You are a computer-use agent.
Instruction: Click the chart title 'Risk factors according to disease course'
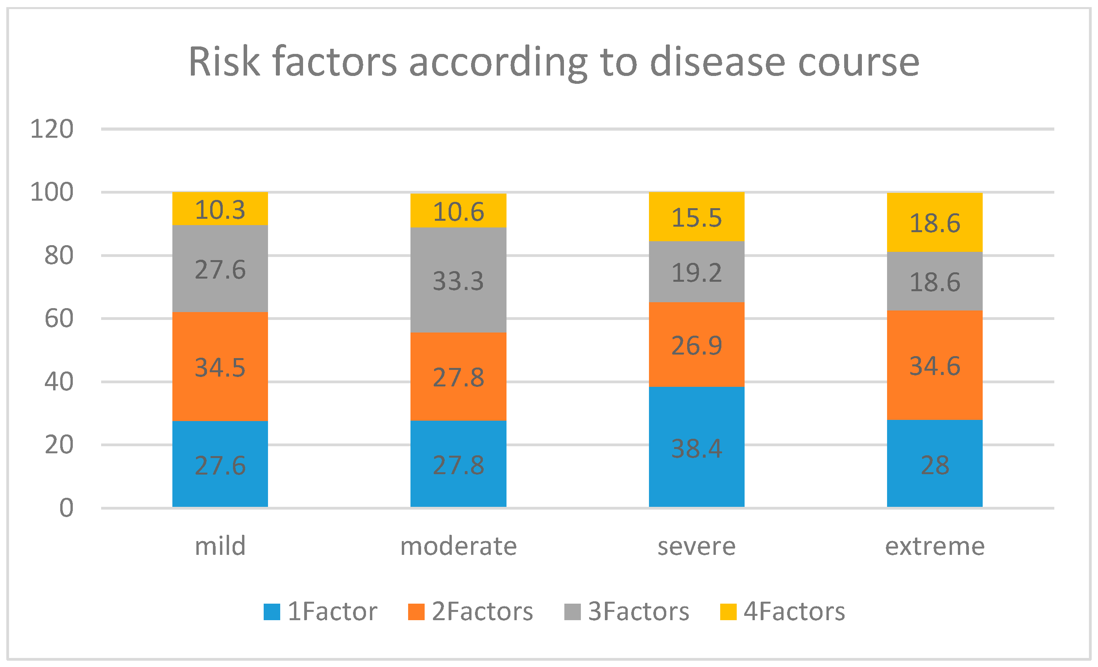point(554,63)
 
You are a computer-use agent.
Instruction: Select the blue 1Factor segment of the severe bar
point(697,447)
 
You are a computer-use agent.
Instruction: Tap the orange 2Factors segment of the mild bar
point(220,366)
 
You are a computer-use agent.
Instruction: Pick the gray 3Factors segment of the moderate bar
point(458,280)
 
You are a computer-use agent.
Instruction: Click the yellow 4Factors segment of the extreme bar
point(935,222)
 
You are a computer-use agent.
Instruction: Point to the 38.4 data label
point(697,448)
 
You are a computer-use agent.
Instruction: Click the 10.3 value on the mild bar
point(220,209)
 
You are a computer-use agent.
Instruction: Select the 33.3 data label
point(458,281)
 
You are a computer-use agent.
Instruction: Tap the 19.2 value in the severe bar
point(697,273)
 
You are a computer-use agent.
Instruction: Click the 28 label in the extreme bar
point(935,465)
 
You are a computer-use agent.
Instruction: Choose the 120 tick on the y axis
point(52,129)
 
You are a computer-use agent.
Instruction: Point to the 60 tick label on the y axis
point(59,319)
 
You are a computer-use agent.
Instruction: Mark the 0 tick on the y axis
point(67,508)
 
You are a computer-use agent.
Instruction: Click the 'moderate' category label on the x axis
point(458,546)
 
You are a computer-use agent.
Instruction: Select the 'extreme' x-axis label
point(935,547)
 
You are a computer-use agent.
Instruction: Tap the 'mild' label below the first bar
point(220,546)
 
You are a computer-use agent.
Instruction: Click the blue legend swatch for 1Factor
point(272,612)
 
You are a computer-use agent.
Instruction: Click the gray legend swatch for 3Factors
point(573,612)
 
